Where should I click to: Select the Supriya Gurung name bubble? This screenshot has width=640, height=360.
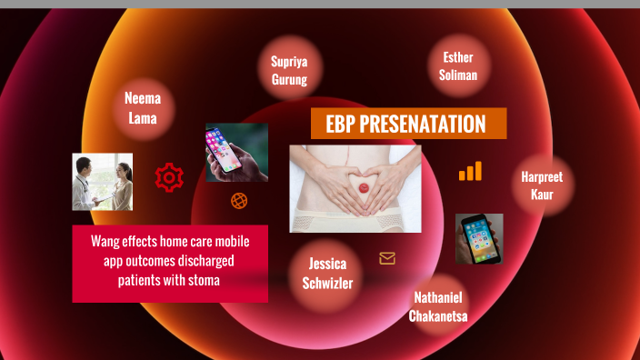[x=289, y=70]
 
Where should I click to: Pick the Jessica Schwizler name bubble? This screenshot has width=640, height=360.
[x=327, y=273]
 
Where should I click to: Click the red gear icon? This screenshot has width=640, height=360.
[x=168, y=177]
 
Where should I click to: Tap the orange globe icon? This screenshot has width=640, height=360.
[x=239, y=201]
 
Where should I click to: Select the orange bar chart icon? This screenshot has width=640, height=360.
[x=470, y=171]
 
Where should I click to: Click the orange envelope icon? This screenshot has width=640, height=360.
[x=387, y=258]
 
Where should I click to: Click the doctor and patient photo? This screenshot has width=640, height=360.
[x=103, y=181]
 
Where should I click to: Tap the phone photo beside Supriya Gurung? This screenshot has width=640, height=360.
[x=236, y=153]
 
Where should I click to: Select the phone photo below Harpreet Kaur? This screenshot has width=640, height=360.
[x=479, y=238]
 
